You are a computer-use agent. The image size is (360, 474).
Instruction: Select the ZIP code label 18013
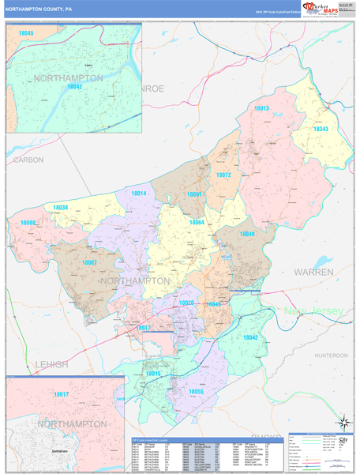261,108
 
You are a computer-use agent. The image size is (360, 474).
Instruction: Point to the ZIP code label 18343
320,129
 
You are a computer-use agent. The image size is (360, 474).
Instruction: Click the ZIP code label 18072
223,175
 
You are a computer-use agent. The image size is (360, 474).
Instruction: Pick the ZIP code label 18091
194,194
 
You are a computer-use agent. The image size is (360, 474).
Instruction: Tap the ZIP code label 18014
139,194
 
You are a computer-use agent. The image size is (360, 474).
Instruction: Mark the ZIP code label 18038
61,208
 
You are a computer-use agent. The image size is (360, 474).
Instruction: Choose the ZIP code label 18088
28,224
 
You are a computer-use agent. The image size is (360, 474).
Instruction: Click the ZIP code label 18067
89,262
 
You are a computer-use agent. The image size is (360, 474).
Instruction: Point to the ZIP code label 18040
247,235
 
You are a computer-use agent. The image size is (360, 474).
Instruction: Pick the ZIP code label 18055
197,391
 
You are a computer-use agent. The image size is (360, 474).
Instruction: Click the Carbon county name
28,160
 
